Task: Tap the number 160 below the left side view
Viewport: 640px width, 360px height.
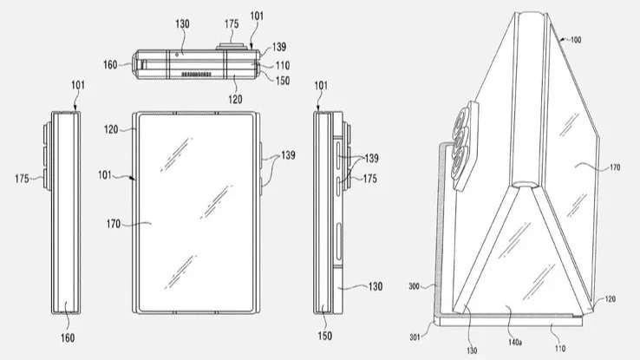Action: tap(68, 337)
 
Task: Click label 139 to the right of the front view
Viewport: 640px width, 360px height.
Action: tap(288, 156)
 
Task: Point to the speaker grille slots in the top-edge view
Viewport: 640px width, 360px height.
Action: tap(189, 75)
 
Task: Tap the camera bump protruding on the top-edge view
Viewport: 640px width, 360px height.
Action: tap(230, 46)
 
